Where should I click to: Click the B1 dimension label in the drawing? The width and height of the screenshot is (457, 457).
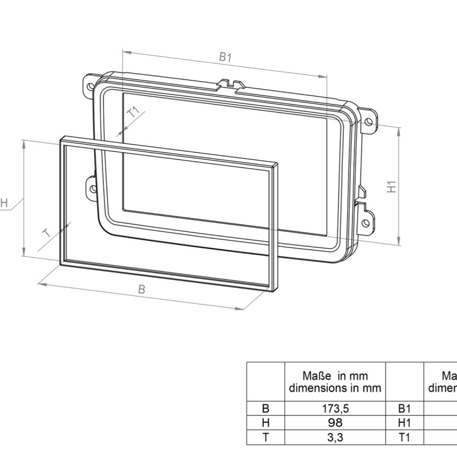(x=225, y=57)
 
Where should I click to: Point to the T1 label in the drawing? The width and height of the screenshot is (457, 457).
(x=133, y=112)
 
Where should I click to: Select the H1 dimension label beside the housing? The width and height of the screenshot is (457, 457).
(x=391, y=186)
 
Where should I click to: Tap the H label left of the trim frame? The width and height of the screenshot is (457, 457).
(x=4, y=203)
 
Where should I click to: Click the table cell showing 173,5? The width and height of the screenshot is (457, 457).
(x=335, y=409)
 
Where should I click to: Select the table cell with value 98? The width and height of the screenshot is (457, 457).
(x=335, y=423)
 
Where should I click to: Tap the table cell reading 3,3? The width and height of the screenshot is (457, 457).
(x=335, y=438)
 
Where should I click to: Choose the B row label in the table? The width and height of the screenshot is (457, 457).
(x=265, y=409)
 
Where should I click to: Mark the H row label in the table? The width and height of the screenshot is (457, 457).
(x=265, y=423)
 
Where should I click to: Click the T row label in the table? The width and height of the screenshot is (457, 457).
(x=265, y=438)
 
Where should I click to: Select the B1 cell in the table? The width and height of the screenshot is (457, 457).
(x=404, y=409)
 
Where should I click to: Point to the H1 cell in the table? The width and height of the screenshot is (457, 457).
(x=404, y=423)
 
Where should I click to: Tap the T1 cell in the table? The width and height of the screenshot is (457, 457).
(x=404, y=438)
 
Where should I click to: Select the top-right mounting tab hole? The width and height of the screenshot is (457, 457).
(x=370, y=121)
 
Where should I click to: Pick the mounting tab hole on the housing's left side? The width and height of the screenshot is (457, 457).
(x=92, y=187)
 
